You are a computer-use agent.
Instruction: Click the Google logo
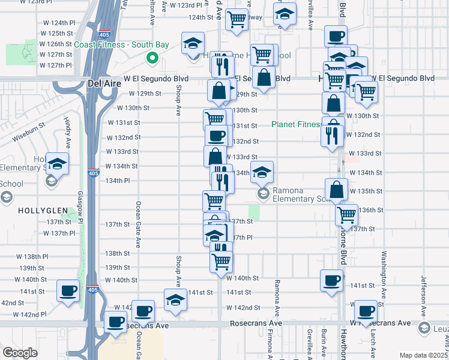20,353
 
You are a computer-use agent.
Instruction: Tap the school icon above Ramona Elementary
262,172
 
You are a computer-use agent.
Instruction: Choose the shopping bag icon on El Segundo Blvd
263,77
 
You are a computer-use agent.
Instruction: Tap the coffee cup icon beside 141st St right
331,280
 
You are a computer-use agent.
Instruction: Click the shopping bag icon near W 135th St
337,189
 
